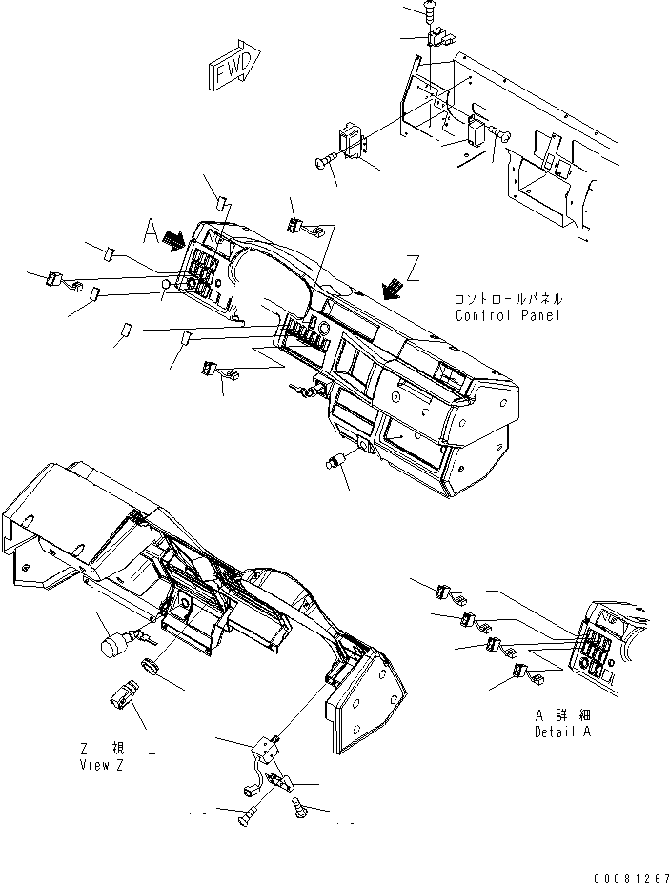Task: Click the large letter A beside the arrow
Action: point(150,231)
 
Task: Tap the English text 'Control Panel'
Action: point(508,315)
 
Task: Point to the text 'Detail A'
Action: point(562,732)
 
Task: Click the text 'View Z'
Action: point(101,765)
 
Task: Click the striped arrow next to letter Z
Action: point(393,288)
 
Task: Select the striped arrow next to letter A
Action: point(173,239)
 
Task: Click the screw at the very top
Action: point(431,9)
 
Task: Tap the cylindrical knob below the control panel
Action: point(334,461)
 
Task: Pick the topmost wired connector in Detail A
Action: point(448,594)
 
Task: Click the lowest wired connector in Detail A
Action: point(528,674)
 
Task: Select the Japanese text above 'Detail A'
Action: point(562,715)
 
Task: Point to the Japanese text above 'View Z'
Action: point(103,749)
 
